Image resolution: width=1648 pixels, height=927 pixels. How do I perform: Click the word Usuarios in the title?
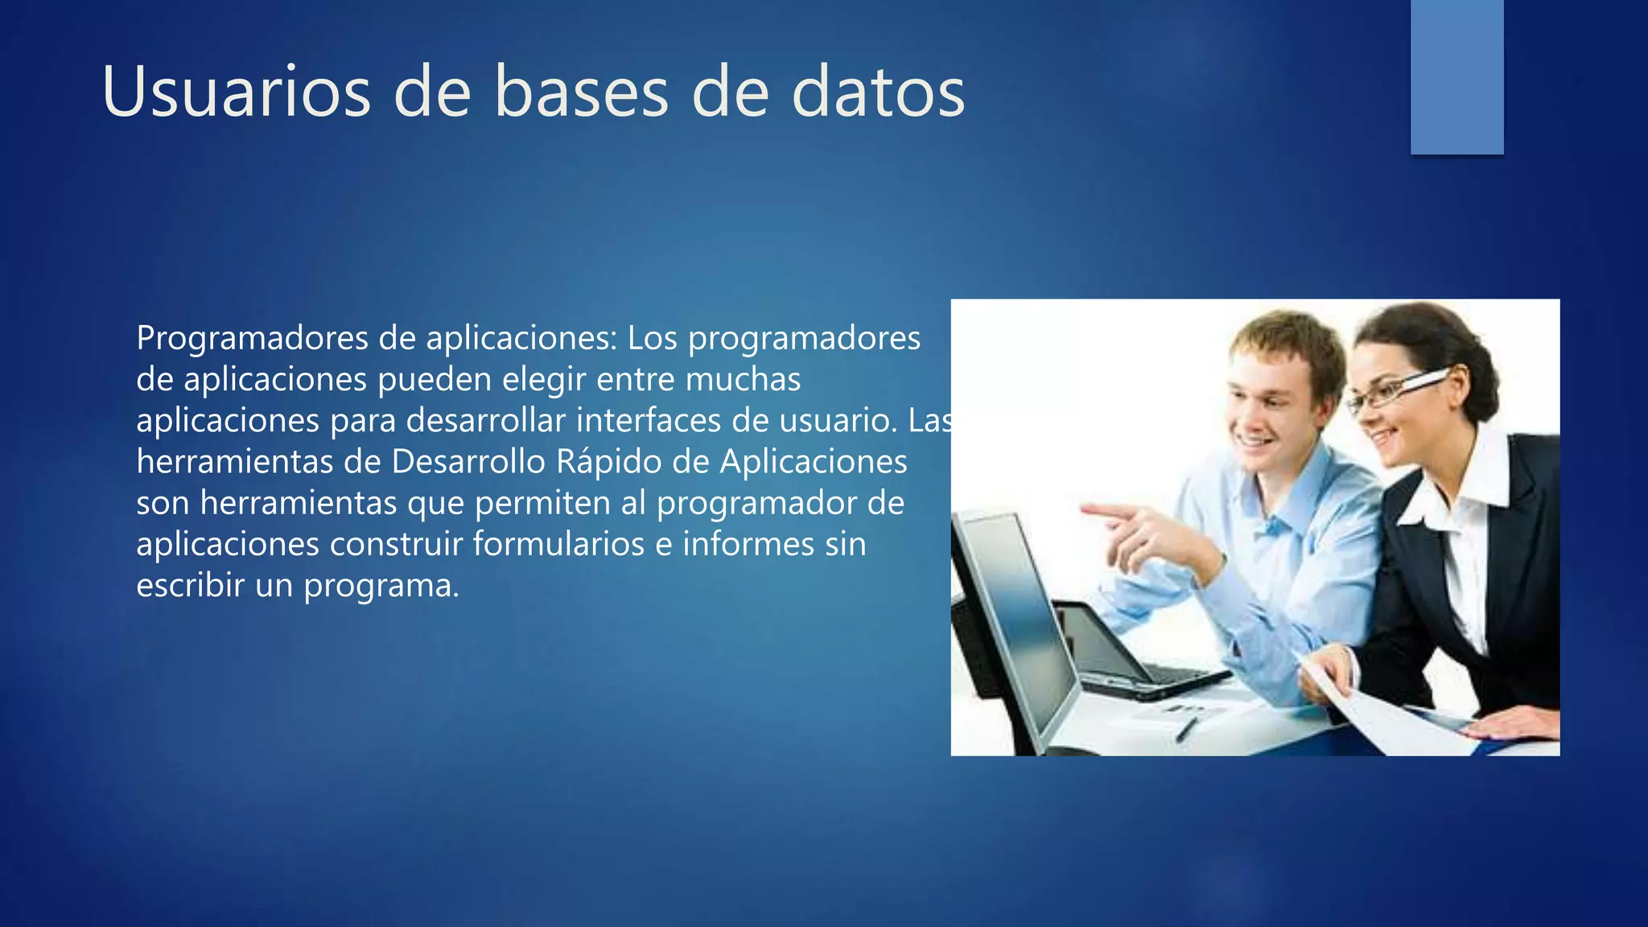pyautogui.click(x=236, y=92)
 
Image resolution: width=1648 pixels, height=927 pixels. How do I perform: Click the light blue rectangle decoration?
pyautogui.click(x=1456, y=76)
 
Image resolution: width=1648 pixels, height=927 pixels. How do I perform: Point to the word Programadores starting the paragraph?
pyautogui.click(x=252, y=338)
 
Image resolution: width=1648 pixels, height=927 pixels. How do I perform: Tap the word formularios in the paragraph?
pyautogui.click(x=558, y=544)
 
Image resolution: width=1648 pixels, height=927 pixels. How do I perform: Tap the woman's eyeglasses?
pyautogui.click(x=1396, y=389)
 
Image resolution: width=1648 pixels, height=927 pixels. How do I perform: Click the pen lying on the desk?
pyautogui.click(x=1186, y=729)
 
